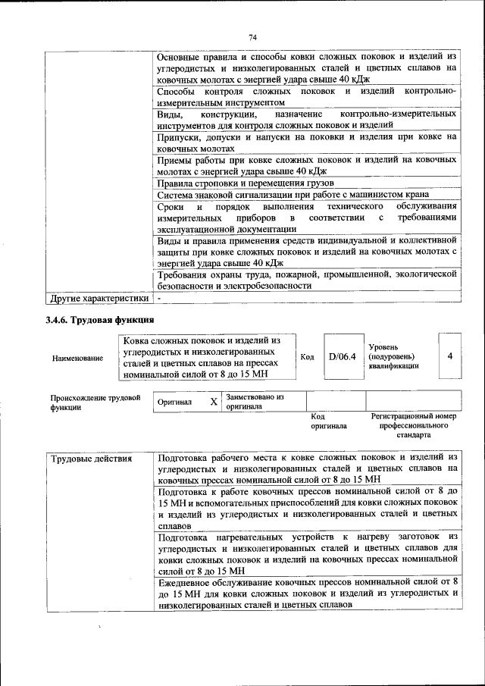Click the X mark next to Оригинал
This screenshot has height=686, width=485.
coord(214,401)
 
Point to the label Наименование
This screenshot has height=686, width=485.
coord(77,358)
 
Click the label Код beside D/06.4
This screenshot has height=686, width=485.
coord(307,357)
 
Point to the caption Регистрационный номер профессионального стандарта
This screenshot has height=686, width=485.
coord(414,426)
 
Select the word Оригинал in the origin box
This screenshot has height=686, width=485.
coord(175,402)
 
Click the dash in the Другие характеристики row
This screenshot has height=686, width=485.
coord(160,299)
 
